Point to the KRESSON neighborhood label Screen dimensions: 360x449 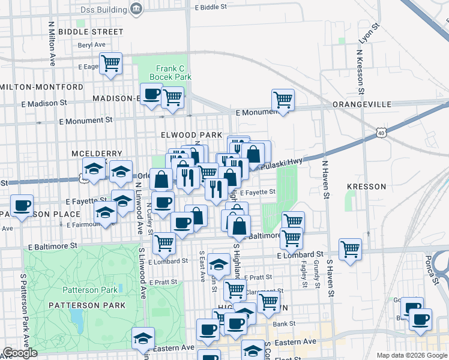(x=366, y=187)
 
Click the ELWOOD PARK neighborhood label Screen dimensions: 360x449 (x=190, y=135)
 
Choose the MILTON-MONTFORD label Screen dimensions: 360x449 (x=41, y=87)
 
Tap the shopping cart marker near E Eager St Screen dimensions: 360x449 (x=110, y=64)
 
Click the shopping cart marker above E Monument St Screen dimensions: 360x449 (x=282, y=99)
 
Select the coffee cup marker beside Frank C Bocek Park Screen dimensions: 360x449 (x=152, y=95)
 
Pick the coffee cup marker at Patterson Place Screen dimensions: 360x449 (x=22, y=206)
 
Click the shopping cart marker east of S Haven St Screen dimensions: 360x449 (x=350, y=248)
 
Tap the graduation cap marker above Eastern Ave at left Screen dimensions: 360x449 (x=143, y=338)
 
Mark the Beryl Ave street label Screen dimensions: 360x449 (x=91, y=45)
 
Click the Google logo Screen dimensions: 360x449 (x=19, y=353)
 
